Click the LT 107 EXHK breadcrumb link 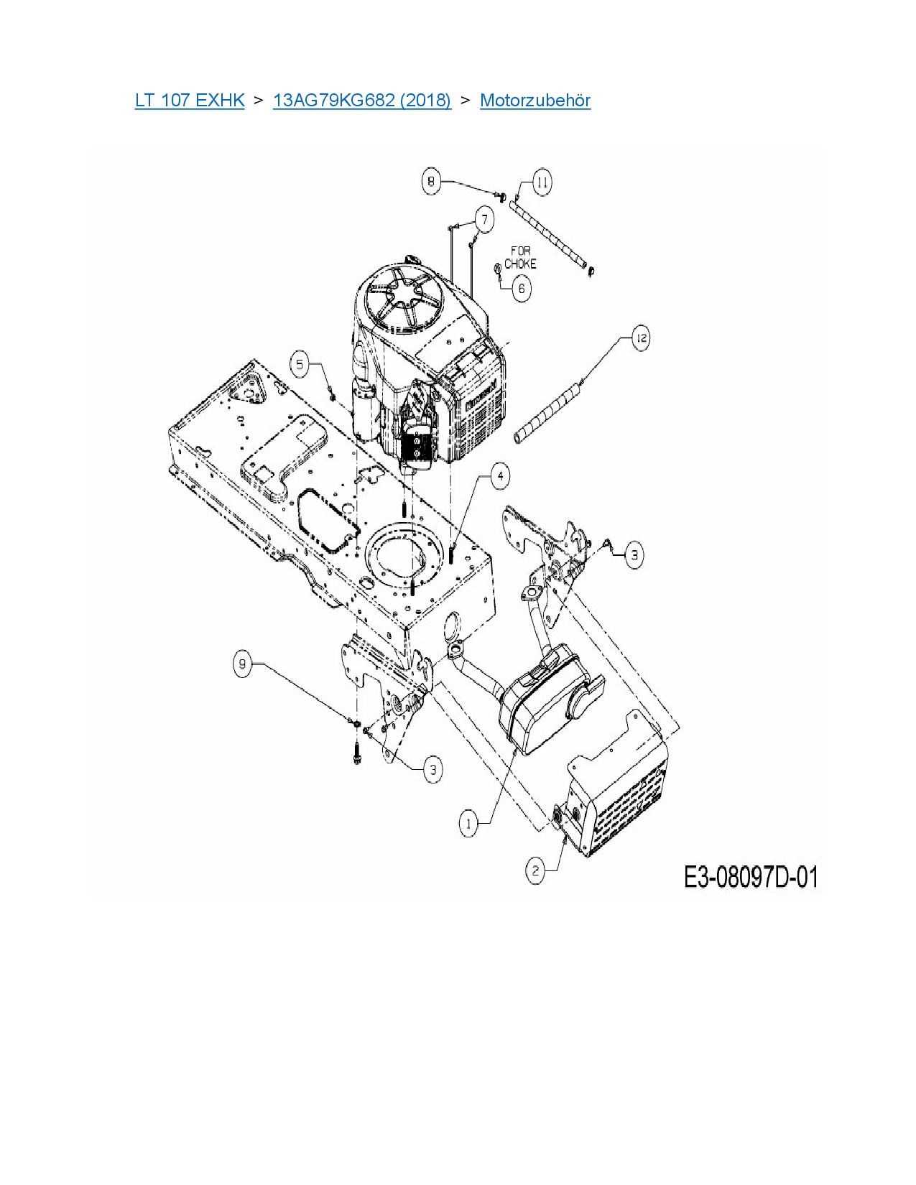190,101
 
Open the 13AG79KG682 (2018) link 361,101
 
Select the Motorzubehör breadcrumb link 535,101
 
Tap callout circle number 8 431,181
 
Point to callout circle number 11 542,182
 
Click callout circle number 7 485,220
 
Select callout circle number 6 522,289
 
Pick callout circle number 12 641,338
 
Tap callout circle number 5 300,364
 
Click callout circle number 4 500,475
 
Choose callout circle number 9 243,664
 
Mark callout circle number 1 468,823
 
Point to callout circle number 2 535,871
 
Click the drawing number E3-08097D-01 750,877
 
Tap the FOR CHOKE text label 520,257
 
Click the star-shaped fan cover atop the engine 402,302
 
